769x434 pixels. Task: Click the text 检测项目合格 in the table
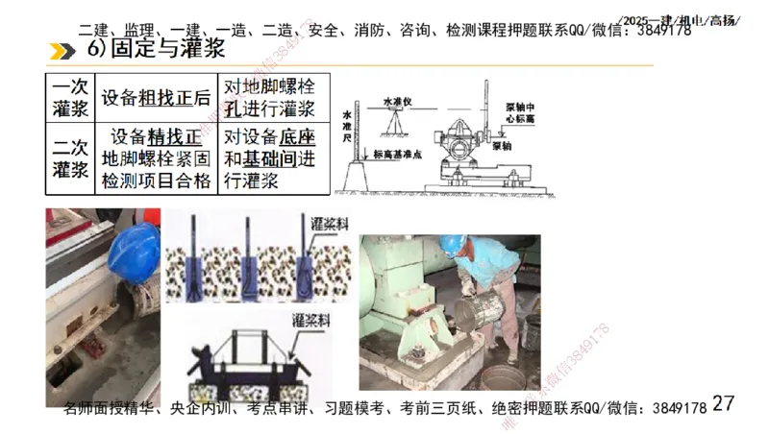pyautogui.click(x=156, y=181)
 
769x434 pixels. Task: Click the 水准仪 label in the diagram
pyautogui.click(x=397, y=99)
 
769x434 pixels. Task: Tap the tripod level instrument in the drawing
pyautogui.click(x=395, y=120)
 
